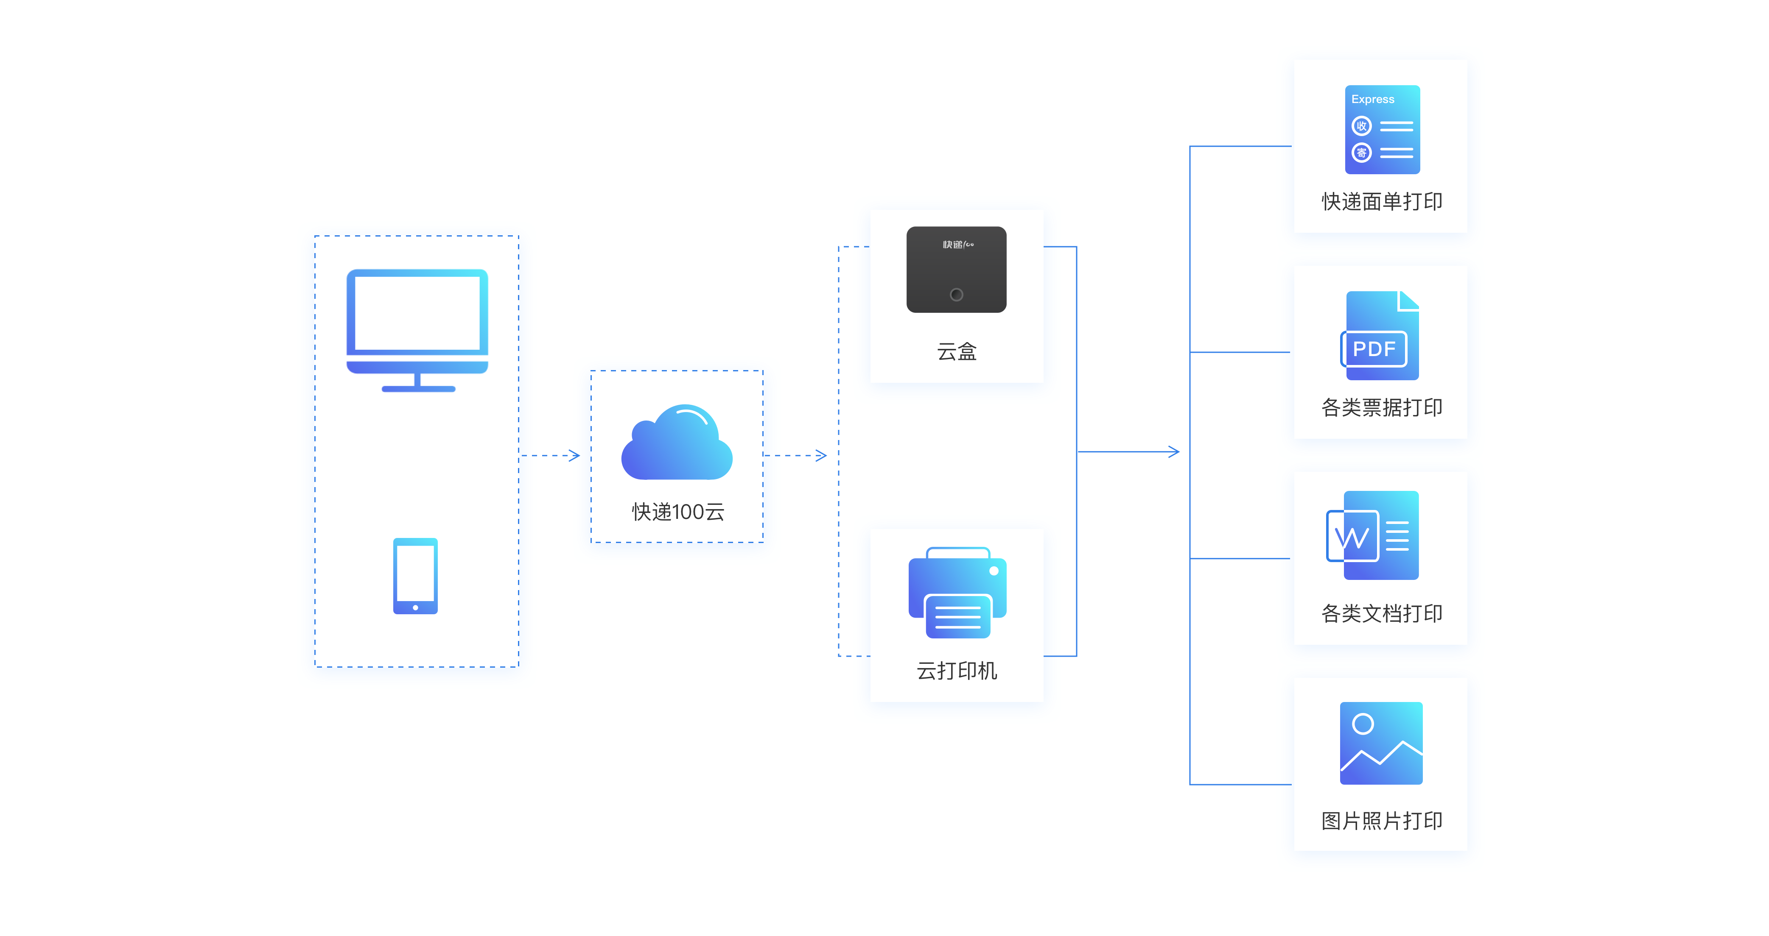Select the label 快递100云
[678, 512]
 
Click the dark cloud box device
[956, 269]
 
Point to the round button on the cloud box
[956, 294]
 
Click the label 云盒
[957, 351]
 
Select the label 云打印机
[957, 671]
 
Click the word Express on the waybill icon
[1373, 99]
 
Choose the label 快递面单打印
[1382, 201]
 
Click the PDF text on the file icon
[1374, 348]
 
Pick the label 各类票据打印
[1382, 407]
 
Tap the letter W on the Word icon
[1352, 537]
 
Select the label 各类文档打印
[1382, 613]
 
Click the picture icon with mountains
[1381, 743]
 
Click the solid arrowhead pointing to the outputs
[1174, 451]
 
